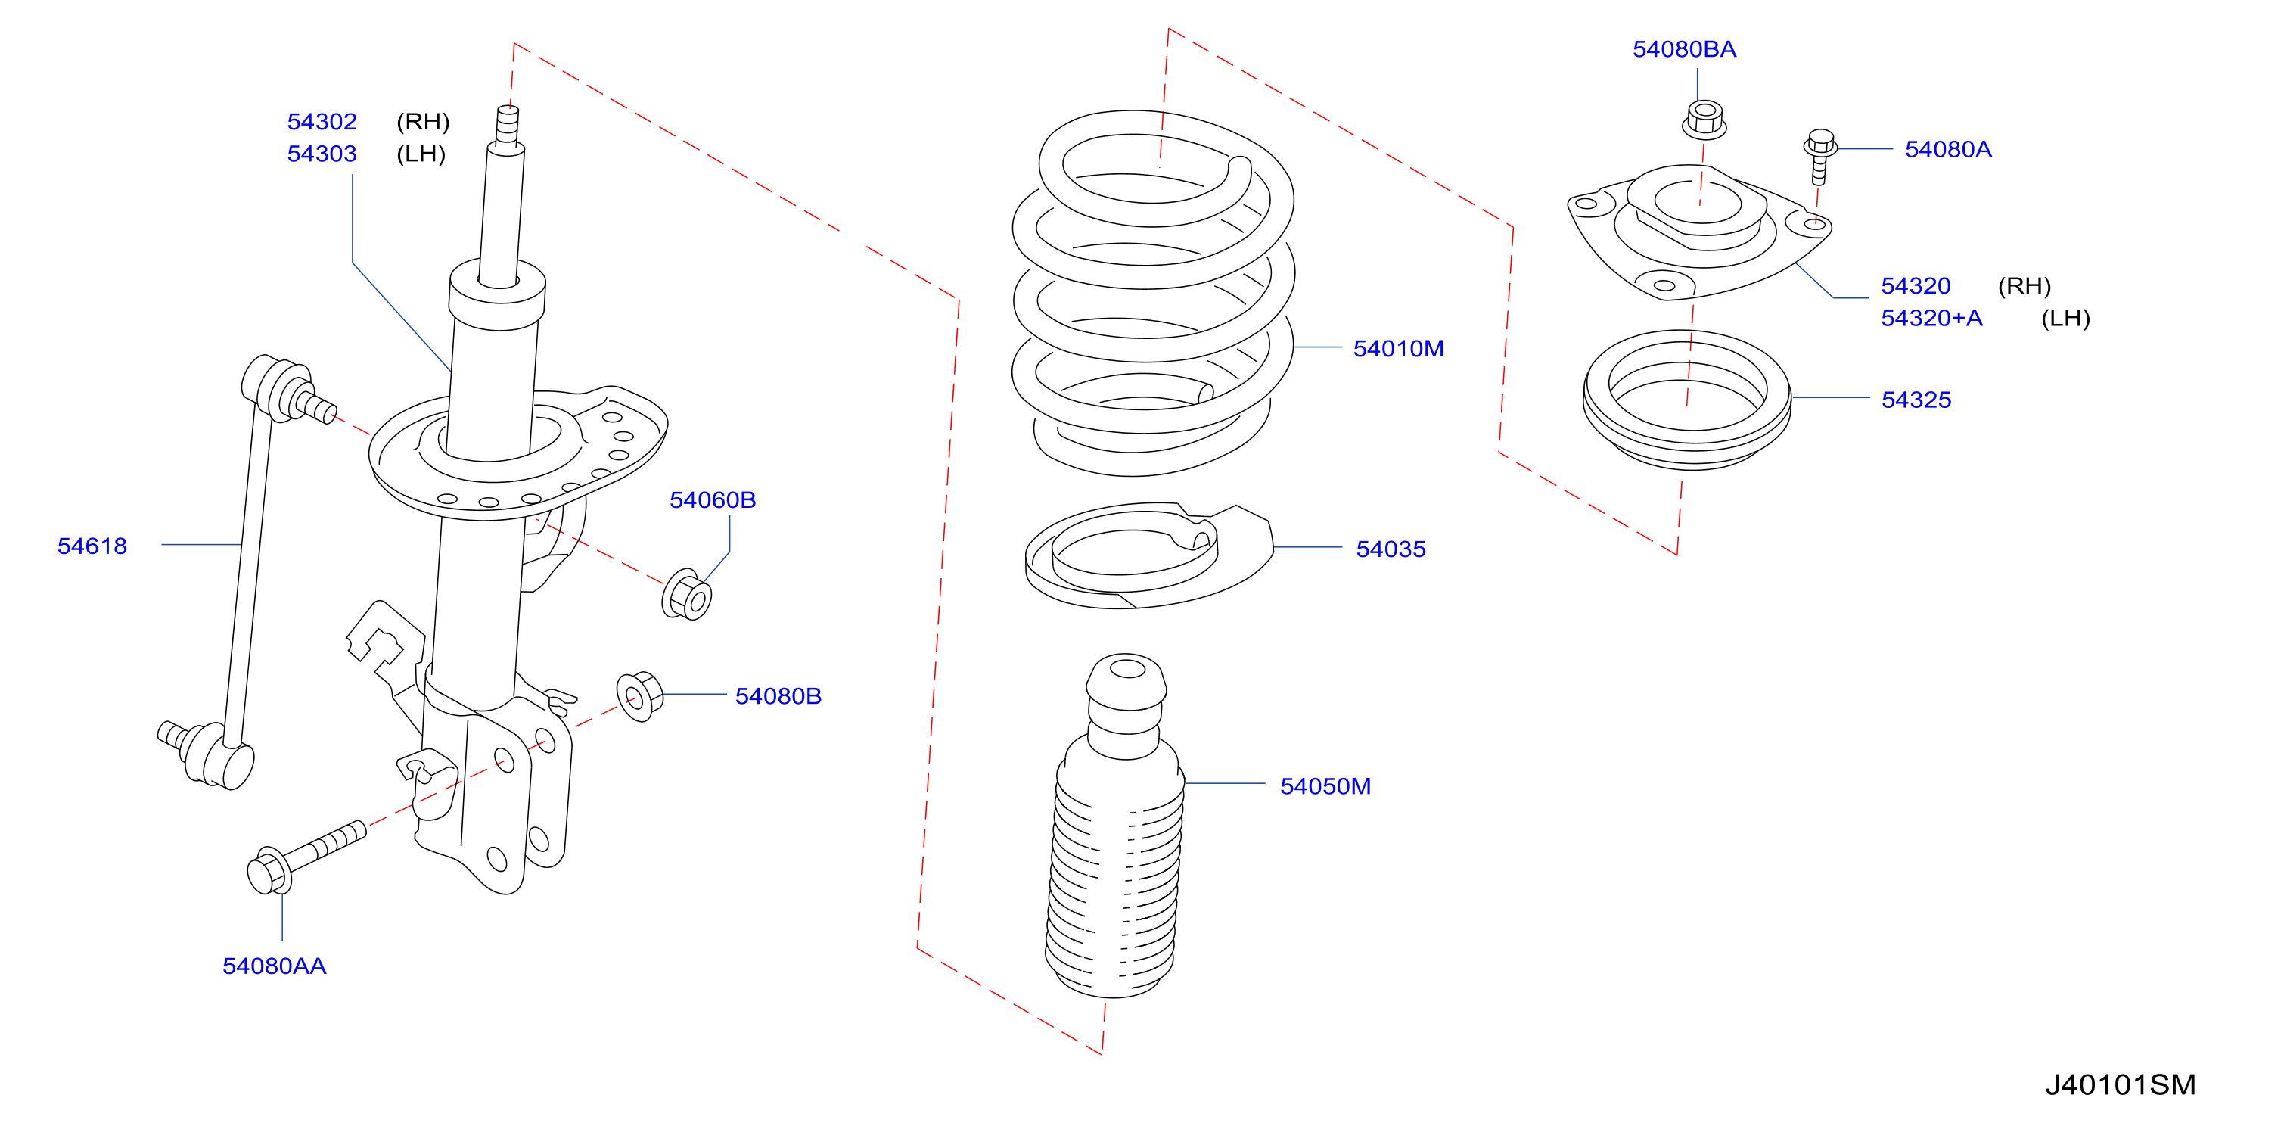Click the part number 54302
click(x=322, y=122)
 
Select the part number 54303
click(x=322, y=154)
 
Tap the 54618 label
click(x=92, y=546)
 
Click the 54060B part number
click(x=713, y=499)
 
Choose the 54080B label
click(x=778, y=695)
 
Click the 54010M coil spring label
click(x=1398, y=349)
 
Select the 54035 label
click(x=1391, y=549)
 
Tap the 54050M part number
click(x=1325, y=786)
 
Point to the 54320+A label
click(x=1932, y=318)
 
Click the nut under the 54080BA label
click(x=1703, y=120)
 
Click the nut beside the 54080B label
click(x=639, y=696)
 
